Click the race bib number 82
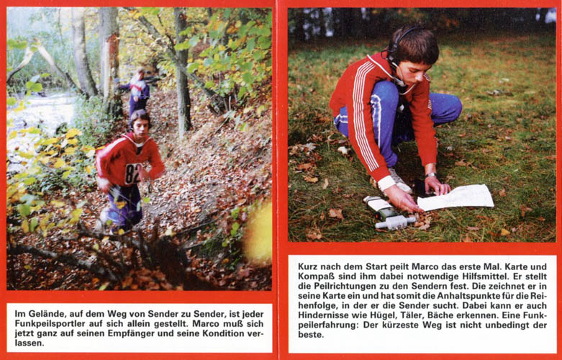(132, 174)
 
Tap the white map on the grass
(456, 197)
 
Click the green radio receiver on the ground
(389, 213)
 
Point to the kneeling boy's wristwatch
(431, 175)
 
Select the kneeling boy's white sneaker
(399, 180)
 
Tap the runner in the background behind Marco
(138, 90)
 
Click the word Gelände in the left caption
(45, 315)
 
